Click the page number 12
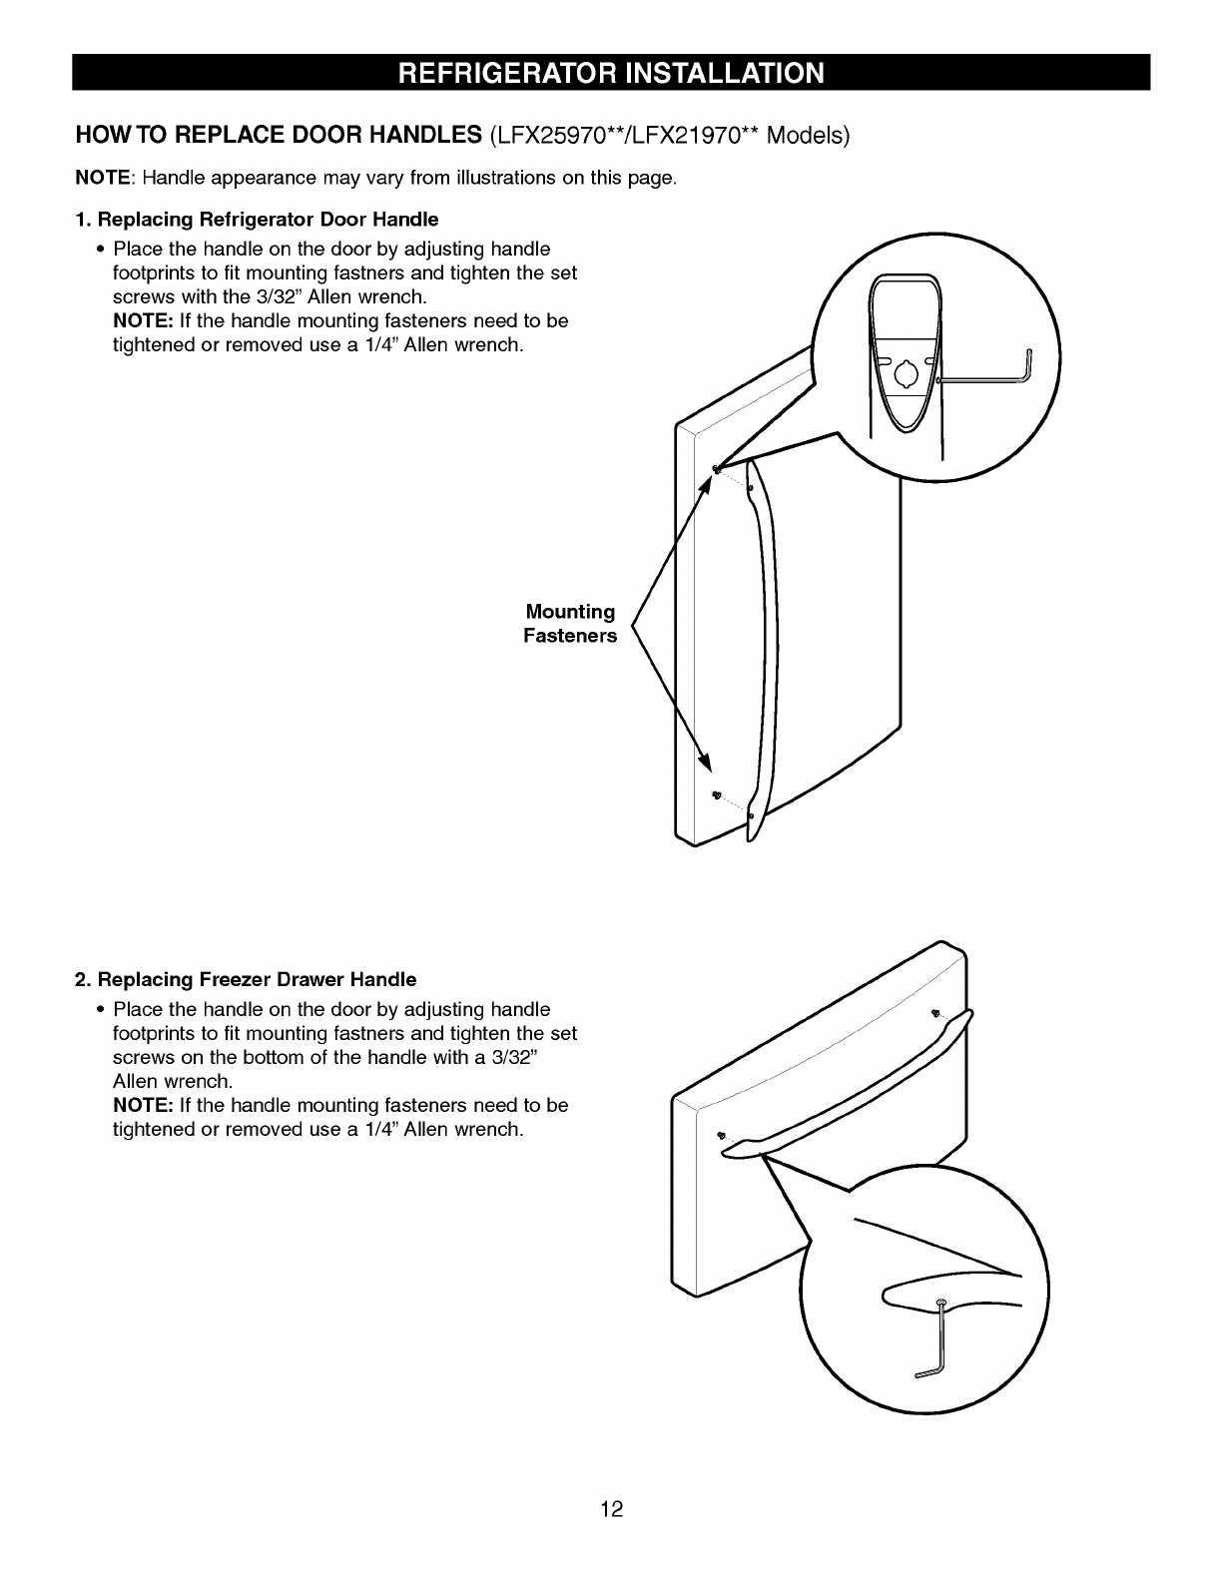(611, 1509)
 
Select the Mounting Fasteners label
(570, 624)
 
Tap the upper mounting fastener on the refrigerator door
(717, 468)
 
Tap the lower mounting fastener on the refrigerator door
(716, 793)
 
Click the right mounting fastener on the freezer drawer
(935, 1013)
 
